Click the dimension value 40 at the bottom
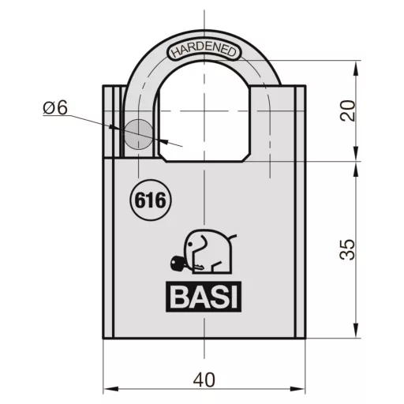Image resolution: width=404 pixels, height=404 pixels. pos(204,380)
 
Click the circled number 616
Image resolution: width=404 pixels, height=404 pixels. pos(150,200)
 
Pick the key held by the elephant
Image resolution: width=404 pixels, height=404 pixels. pos(177,264)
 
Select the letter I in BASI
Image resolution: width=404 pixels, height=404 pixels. pos(234,298)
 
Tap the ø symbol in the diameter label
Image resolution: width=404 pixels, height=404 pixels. pos(49,108)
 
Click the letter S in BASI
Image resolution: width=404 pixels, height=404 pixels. pos(216,298)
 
